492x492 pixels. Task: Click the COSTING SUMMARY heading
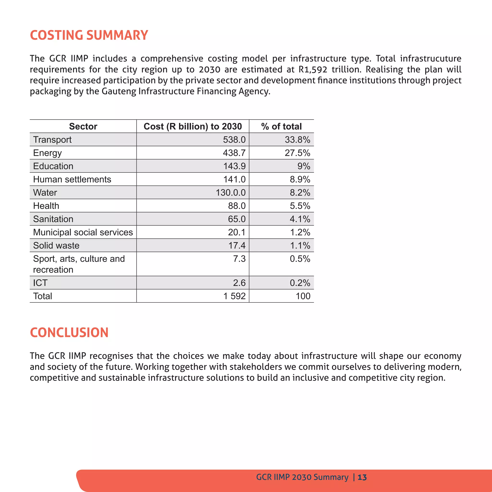pos(89,35)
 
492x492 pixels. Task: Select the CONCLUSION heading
pos(69,332)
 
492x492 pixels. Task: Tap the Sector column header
pos(83,126)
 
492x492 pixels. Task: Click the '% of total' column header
pos(281,126)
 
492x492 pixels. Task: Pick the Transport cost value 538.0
pos(234,140)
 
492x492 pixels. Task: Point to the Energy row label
pos(47,153)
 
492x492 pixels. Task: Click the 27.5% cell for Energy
pos(297,153)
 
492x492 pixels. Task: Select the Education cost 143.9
pos(234,166)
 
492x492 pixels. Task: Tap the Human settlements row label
pos(72,179)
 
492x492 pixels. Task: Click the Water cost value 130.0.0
pos(230,192)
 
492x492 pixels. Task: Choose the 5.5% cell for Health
pos(300,206)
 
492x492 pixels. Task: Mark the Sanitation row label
pos(53,219)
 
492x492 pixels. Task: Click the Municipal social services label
pos(83,232)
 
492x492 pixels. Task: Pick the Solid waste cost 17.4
pos(237,246)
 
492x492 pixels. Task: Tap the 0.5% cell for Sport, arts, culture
pos(300,259)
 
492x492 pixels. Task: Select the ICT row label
pos(40,283)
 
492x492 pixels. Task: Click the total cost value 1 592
pos(234,296)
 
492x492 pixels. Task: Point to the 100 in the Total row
pos(303,296)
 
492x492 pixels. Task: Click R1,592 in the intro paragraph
pos(313,69)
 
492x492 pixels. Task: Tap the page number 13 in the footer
pos(362,477)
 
